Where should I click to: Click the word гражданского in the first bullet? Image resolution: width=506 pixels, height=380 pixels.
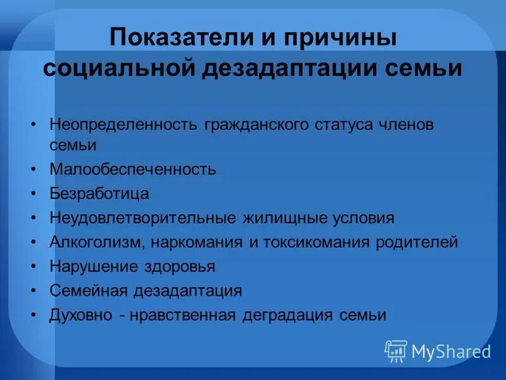[257, 124]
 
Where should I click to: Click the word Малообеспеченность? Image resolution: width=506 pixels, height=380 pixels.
[133, 170]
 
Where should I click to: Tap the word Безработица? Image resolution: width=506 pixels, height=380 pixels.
[99, 193]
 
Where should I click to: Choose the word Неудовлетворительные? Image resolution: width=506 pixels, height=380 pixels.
[144, 218]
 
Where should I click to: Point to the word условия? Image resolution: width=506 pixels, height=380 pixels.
[363, 218]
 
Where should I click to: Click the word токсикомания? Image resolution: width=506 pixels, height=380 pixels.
[311, 242]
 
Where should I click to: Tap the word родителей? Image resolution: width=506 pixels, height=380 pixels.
[419, 242]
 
